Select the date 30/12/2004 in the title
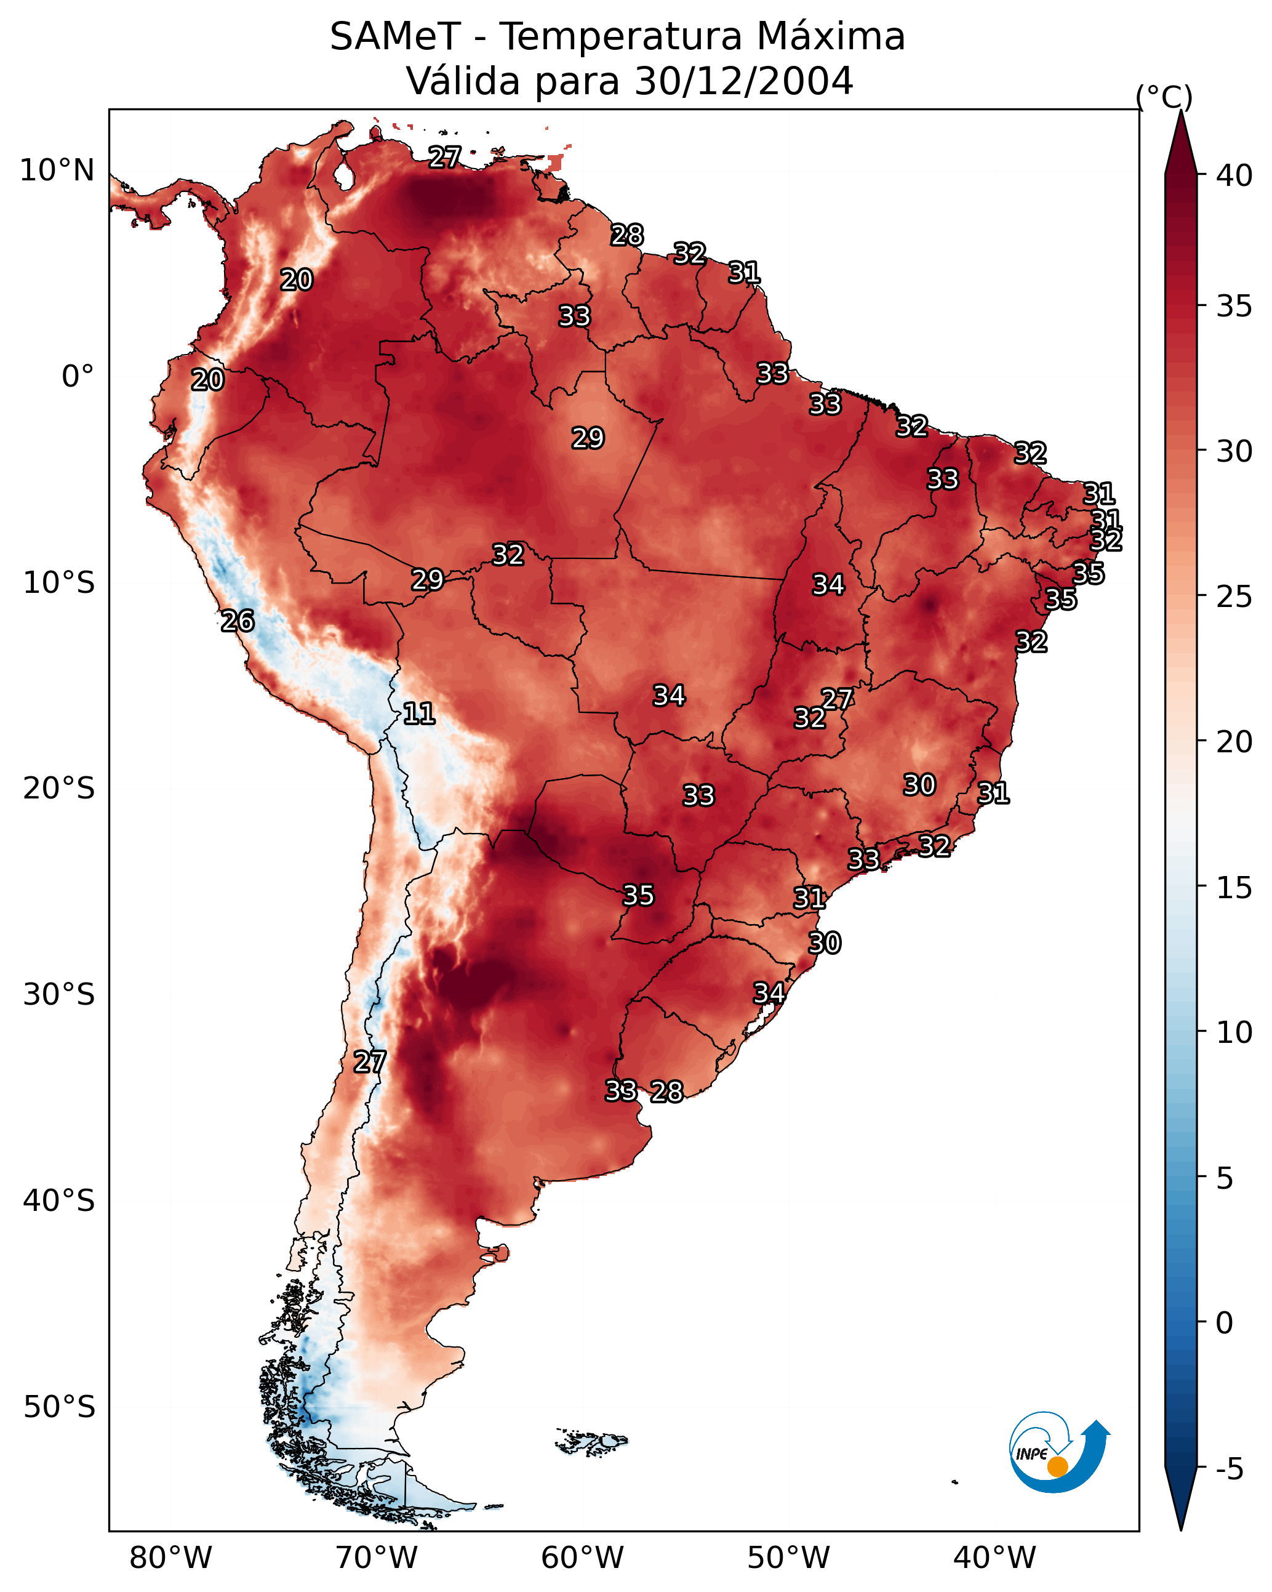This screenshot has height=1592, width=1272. pos(743,81)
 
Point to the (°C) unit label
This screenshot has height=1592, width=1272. pos(1164,97)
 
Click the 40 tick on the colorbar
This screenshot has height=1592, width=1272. pos(1234,175)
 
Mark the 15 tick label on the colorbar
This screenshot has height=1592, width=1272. pos(1234,888)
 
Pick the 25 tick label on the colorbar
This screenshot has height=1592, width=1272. pos(1234,597)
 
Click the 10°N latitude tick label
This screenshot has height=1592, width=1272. pos(57,171)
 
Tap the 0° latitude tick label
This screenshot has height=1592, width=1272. pos(78,377)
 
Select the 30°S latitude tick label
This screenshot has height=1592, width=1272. pos(59,995)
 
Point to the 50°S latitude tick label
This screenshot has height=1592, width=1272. pos(59,1407)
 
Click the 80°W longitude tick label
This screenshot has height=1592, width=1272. pos(170,1558)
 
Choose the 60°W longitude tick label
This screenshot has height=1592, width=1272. pos(583,1558)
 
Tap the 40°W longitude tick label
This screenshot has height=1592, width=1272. pos(994,1558)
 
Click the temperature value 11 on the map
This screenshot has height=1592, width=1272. pos(418,714)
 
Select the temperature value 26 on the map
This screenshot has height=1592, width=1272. pos(238,621)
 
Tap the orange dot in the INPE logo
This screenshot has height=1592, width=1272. pos(1057,1466)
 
